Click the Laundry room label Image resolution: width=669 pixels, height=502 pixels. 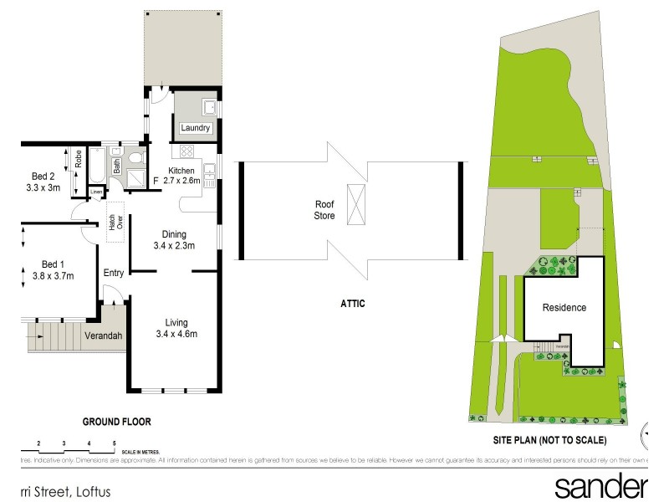pos(196,128)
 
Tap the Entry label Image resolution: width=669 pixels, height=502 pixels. pos(114,273)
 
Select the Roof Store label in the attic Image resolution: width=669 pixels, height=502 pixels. pos(324,209)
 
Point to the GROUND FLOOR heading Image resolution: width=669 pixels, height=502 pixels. pos(115,422)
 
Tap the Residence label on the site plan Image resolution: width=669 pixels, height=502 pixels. pos(564,307)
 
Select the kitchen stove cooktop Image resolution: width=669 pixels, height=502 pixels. pos(185,152)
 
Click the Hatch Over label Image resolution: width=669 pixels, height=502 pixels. pos(113,221)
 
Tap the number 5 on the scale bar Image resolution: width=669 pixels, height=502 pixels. pos(114,443)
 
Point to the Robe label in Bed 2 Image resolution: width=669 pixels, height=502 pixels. pos(78,159)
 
